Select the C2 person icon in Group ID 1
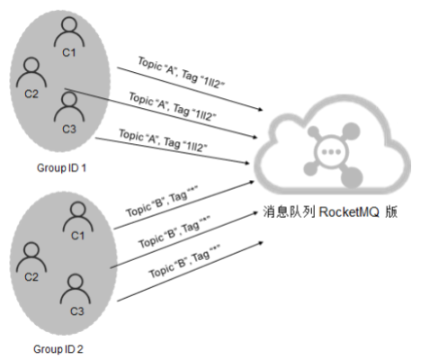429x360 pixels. click(x=31, y=71)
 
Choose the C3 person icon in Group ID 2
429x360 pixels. click(x=74, y=289)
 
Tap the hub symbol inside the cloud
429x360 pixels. click(x=332, y=150)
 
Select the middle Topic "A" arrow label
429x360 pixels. click(x=170, y=105)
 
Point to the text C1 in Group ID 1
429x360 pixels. click(x=68, y=52)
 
